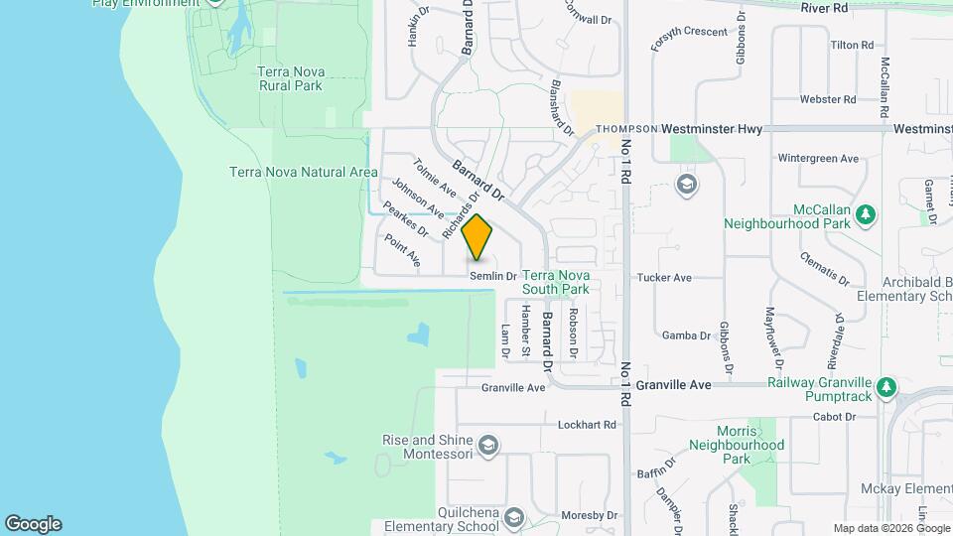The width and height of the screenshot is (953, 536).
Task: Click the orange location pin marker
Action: (477, 237)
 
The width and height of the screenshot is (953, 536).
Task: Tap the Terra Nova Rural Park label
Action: (290, 78)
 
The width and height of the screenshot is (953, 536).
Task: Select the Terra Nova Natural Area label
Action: (303, 172)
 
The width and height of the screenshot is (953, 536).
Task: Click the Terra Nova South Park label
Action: (555, 282)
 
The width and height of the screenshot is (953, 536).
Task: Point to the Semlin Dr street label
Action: (493, 276)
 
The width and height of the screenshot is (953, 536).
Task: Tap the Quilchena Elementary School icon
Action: (513, 516)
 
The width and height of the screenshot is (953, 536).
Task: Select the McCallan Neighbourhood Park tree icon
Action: (866, 212)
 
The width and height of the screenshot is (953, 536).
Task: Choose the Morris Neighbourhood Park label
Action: (749, 445)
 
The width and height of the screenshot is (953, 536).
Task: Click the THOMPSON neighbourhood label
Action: (626, 129)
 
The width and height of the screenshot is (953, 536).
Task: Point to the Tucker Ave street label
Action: (664, 278)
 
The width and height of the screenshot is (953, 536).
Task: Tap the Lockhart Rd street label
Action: (587, 424)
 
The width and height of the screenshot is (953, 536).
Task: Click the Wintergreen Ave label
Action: (818, 158)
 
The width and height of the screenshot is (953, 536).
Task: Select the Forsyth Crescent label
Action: (690, 32)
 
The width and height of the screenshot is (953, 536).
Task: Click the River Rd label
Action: (825, 8)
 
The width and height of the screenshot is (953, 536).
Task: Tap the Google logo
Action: (33, 524)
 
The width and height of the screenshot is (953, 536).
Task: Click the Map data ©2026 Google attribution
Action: (889, 528)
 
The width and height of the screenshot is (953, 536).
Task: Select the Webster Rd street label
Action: (828, 99)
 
